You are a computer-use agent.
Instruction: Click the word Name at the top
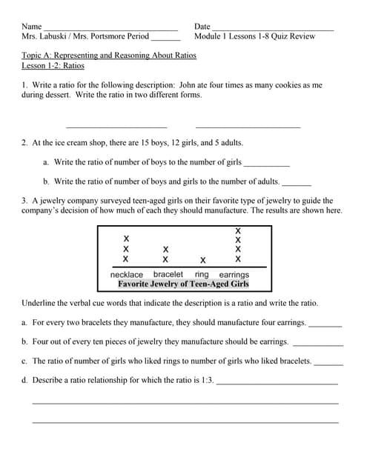[x=32, y=26]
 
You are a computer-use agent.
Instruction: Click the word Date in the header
[x=202, y=26]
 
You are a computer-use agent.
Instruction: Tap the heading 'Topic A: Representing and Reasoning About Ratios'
[x=109, y=56]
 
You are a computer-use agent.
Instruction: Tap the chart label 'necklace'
[x=126, y=275]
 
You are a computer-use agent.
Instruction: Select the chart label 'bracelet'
[x=168, y=275]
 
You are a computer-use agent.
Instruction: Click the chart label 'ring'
[x=202, y=275]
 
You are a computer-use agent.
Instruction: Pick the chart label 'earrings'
[x=234, y=275]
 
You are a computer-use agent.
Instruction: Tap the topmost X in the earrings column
[x=237, y=230]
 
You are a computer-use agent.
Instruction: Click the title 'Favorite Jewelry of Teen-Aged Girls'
[x=183, y=284]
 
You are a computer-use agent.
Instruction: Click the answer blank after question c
[x=328, y=363]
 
